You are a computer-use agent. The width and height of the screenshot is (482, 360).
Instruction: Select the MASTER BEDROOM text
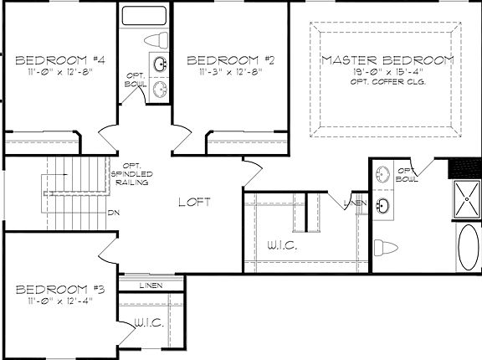click(x=387, y=60)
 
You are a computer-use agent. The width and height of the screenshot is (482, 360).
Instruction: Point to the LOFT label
click(x=193, y=203)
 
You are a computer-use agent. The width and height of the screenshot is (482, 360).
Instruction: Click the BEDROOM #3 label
click(x=59, y=290)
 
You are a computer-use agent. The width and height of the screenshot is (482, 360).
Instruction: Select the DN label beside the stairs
click(x=112, y=212)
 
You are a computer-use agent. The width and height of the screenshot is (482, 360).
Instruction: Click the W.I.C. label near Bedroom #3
click(x=148, y=322)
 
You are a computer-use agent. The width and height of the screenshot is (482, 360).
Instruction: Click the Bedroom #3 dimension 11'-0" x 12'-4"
click(x=59, y=301)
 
